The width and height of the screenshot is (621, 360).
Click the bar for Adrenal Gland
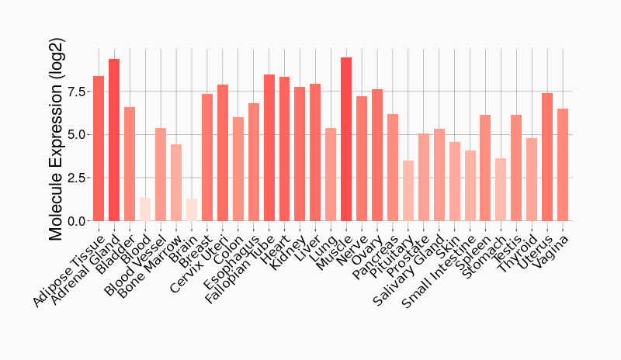point(114,140)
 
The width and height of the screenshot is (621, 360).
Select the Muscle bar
point(346,139)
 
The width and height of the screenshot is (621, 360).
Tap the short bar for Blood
point(145,209)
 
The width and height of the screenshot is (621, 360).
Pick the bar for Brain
point(192,209)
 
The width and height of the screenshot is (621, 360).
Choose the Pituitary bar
point(408,191)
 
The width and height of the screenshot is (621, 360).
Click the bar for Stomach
point(501,190)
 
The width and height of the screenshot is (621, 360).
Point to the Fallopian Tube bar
point(269,147)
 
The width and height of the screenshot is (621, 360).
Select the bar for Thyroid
point(532,179)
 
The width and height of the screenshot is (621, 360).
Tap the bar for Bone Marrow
point(176,182)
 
